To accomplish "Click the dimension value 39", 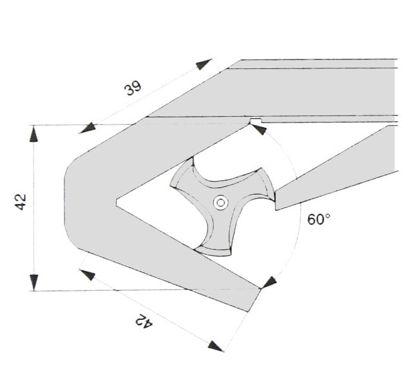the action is pyautogui.click(x=132, y=88).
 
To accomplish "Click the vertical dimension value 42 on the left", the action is pyautogui.click(x=21, y=202).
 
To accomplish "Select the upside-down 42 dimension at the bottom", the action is pyautogui.click(x=144, y=321).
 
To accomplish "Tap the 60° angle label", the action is pyautogui.click(x=319, y=219).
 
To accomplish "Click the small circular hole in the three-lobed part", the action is pyautogui.click(x=221, y=203).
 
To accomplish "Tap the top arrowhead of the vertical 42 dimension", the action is pyautogui.click(x=34, y=134).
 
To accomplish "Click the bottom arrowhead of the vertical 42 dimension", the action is pyautogui.click(x=34, y=283).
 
